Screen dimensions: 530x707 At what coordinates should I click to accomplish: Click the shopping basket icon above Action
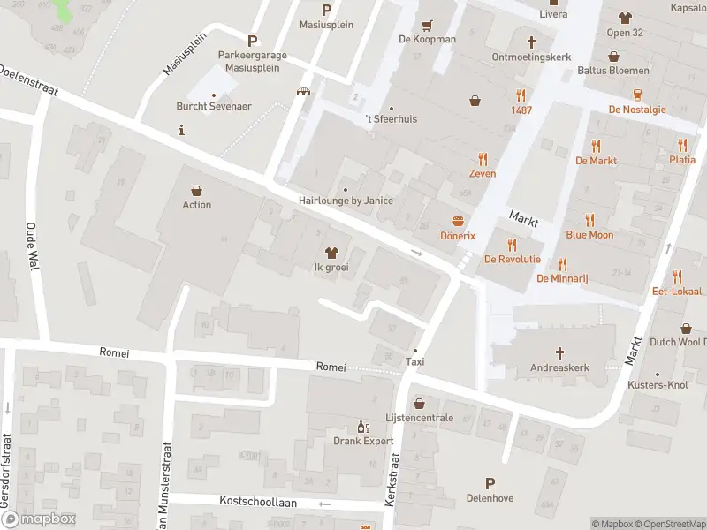(x=196, y=190)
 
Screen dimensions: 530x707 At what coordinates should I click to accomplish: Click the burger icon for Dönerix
(x=458, y=221)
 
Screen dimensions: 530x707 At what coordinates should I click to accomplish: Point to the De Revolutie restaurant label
(x=512, y=259)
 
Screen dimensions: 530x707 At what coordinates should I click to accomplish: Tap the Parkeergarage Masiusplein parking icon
(x=253, y=40)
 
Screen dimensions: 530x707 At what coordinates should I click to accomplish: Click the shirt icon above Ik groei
(x=331, y=253)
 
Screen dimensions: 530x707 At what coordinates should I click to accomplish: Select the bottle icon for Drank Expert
(x=361, y=426)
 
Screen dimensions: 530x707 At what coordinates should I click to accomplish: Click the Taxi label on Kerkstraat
(x=414, y=361)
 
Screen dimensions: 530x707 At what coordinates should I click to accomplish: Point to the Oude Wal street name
(x=30, y=246)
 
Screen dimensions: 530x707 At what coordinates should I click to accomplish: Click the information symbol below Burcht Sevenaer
(x=181, y=130)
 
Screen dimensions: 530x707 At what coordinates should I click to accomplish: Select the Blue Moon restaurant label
(x=589, y=235)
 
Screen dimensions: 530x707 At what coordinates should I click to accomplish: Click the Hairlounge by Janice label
(x=346, y=201)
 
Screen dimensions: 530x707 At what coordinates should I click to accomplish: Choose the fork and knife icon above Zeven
(x=483, y=159)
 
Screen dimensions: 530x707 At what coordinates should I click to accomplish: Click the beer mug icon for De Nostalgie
(x=637, y=95)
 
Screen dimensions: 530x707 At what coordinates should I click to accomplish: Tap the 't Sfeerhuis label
(x=391, y=118)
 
